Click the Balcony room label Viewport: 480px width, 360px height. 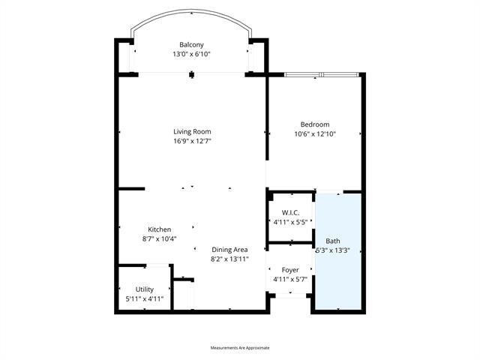tap(191, 45)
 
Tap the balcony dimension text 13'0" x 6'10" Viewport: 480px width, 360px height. tap(191, 54)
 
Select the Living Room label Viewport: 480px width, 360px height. tap(192, 131)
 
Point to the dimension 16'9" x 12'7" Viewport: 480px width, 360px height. tap(192, 140)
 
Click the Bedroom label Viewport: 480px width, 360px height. tap(315, 124)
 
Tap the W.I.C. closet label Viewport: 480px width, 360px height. tap(290, 214)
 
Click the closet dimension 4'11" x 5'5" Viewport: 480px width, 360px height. tap(290, 223)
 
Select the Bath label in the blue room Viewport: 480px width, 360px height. tap(333, 241)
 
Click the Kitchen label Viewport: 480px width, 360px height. tap(160, 229)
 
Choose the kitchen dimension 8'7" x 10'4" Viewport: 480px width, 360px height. tap(160, 238)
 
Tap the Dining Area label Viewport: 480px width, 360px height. tap(229, 250)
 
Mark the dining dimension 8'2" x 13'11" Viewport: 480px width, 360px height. tap(229, 259)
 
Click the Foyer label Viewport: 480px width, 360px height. tap(290, 270)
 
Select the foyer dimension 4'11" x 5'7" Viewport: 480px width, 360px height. tap(290, 279)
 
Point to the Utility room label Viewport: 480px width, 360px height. tap(145, 289)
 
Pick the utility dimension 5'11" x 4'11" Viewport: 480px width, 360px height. tap(145, 298)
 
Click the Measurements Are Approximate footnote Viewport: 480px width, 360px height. tap(240, 348)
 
